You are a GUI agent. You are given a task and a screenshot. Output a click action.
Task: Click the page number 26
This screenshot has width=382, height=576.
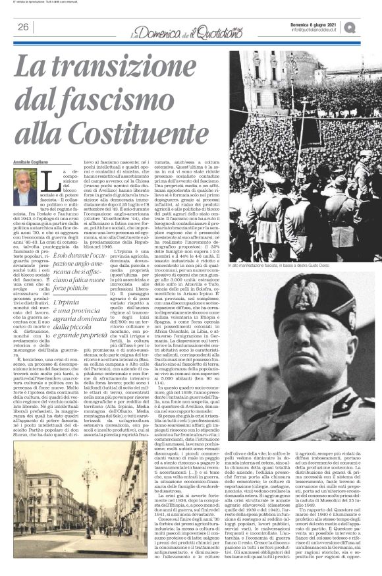(x=22, y=27)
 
